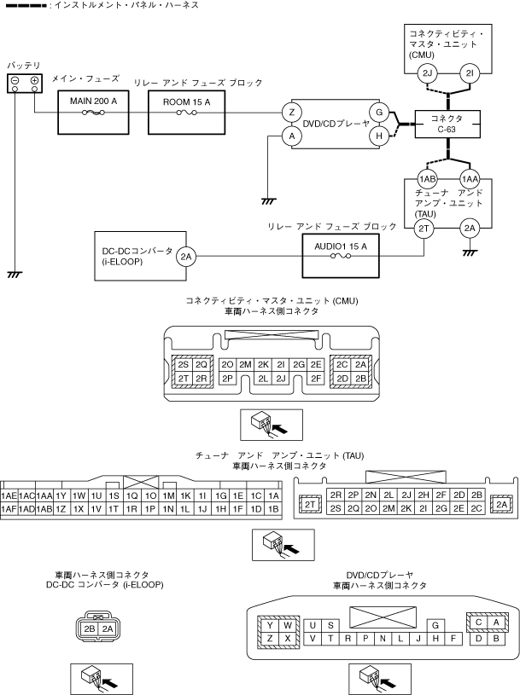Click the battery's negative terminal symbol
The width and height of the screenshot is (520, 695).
point(15,82)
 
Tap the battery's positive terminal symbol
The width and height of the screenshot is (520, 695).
point(34,82)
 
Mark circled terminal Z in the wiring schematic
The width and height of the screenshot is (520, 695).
point(292,112)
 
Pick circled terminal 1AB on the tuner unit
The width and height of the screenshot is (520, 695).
point(428,179)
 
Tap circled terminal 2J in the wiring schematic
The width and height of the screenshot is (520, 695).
point(428,73)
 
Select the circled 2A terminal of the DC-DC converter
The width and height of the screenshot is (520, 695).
point(186,255)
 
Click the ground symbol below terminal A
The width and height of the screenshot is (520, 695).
point(267,200)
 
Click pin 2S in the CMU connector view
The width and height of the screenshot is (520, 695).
point(183,364)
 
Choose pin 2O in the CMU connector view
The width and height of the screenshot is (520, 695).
point(227,364)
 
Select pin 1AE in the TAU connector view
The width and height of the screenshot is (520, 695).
point(9,495)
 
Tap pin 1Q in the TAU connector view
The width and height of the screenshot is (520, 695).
point(131,495)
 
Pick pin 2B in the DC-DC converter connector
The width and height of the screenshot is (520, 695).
point(90,628)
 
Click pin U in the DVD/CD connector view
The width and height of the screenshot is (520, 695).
point(313,625)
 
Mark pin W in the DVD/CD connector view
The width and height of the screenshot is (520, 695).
point(287,625)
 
